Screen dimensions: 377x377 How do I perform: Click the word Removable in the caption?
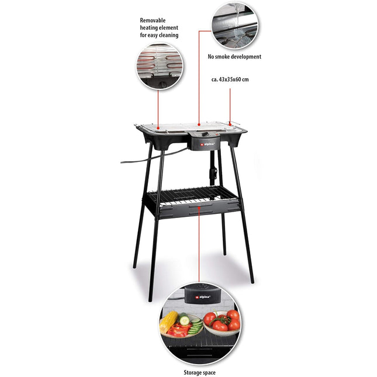click(153, 20)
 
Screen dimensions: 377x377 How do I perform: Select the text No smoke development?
click(234, 57)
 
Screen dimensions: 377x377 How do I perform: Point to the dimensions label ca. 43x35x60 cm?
click(230, 79)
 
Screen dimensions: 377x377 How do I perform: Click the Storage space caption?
click(199, 373)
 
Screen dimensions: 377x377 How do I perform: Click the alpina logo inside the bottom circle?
click(203, 297)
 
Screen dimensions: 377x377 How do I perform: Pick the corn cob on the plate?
click(169, 321)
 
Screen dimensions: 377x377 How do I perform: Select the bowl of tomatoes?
click(222, 323)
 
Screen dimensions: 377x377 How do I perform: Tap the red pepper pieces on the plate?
click(178, 330)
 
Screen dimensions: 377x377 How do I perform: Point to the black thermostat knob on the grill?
click(205, 134)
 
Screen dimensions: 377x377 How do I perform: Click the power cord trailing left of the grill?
click(154, 157)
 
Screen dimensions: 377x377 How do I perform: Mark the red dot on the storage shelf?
click(199, 207)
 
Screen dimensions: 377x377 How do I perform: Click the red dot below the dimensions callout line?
click(230, 124)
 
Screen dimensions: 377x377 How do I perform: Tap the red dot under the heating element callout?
click(158, 128)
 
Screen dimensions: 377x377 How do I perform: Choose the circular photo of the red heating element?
click(159, 67)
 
